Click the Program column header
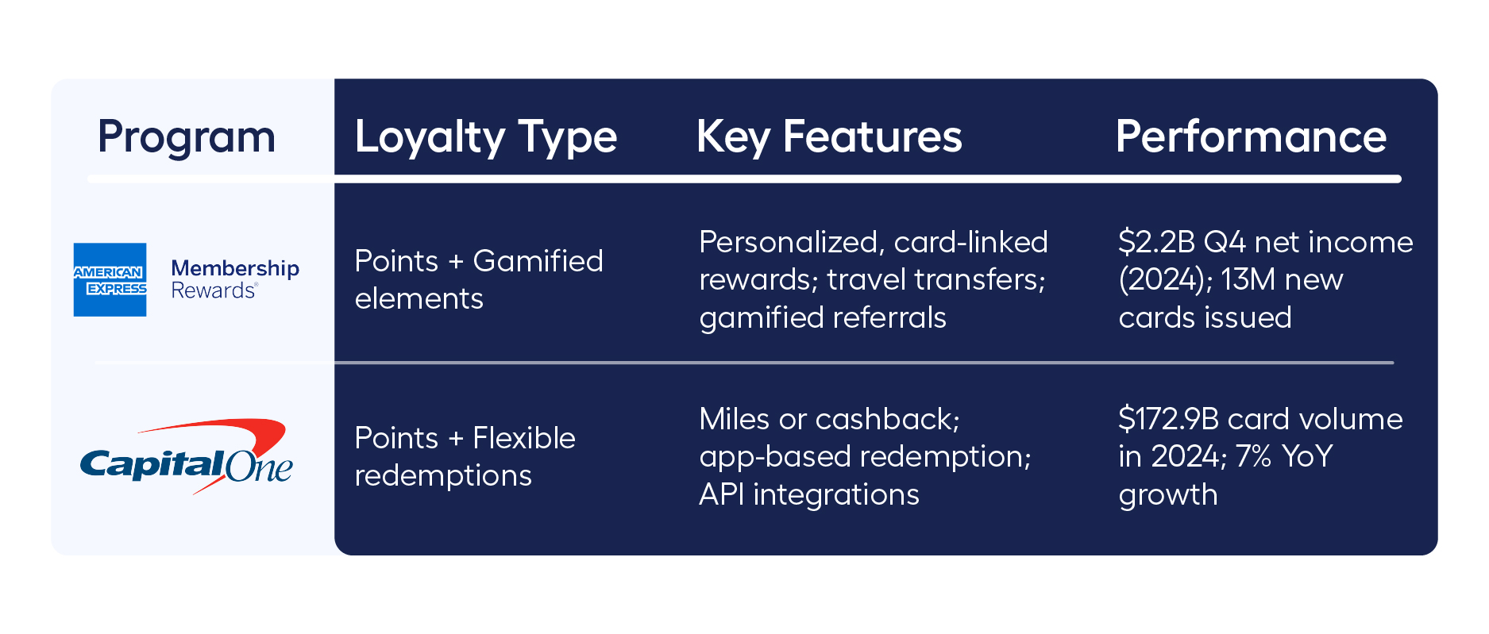pyautogui.click(x=186, y=137)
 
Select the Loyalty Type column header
pyautogui.click(x=485, y=137)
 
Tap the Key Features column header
pyautogui.click(x=828, y=137)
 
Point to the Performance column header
pyautogui.click(x=1250, y=137)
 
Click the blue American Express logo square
pyautogui.click(x=110, y=279)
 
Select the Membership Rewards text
pyautogui.click(x=235, y=279)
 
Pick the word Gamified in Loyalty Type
pyautogui.click(x=538, y=261)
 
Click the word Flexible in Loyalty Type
pyautogui.click(x=523, y=438)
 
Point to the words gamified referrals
pyautogui.click(x=822, y=317)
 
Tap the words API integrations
pyautogui.click(x=808, y=494)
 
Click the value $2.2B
pyautogui.click(x=1155, y=242)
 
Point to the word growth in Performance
pyautogui.click(x=1167, y=494)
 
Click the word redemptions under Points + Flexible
pyautogui.click(x=442, y=476)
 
